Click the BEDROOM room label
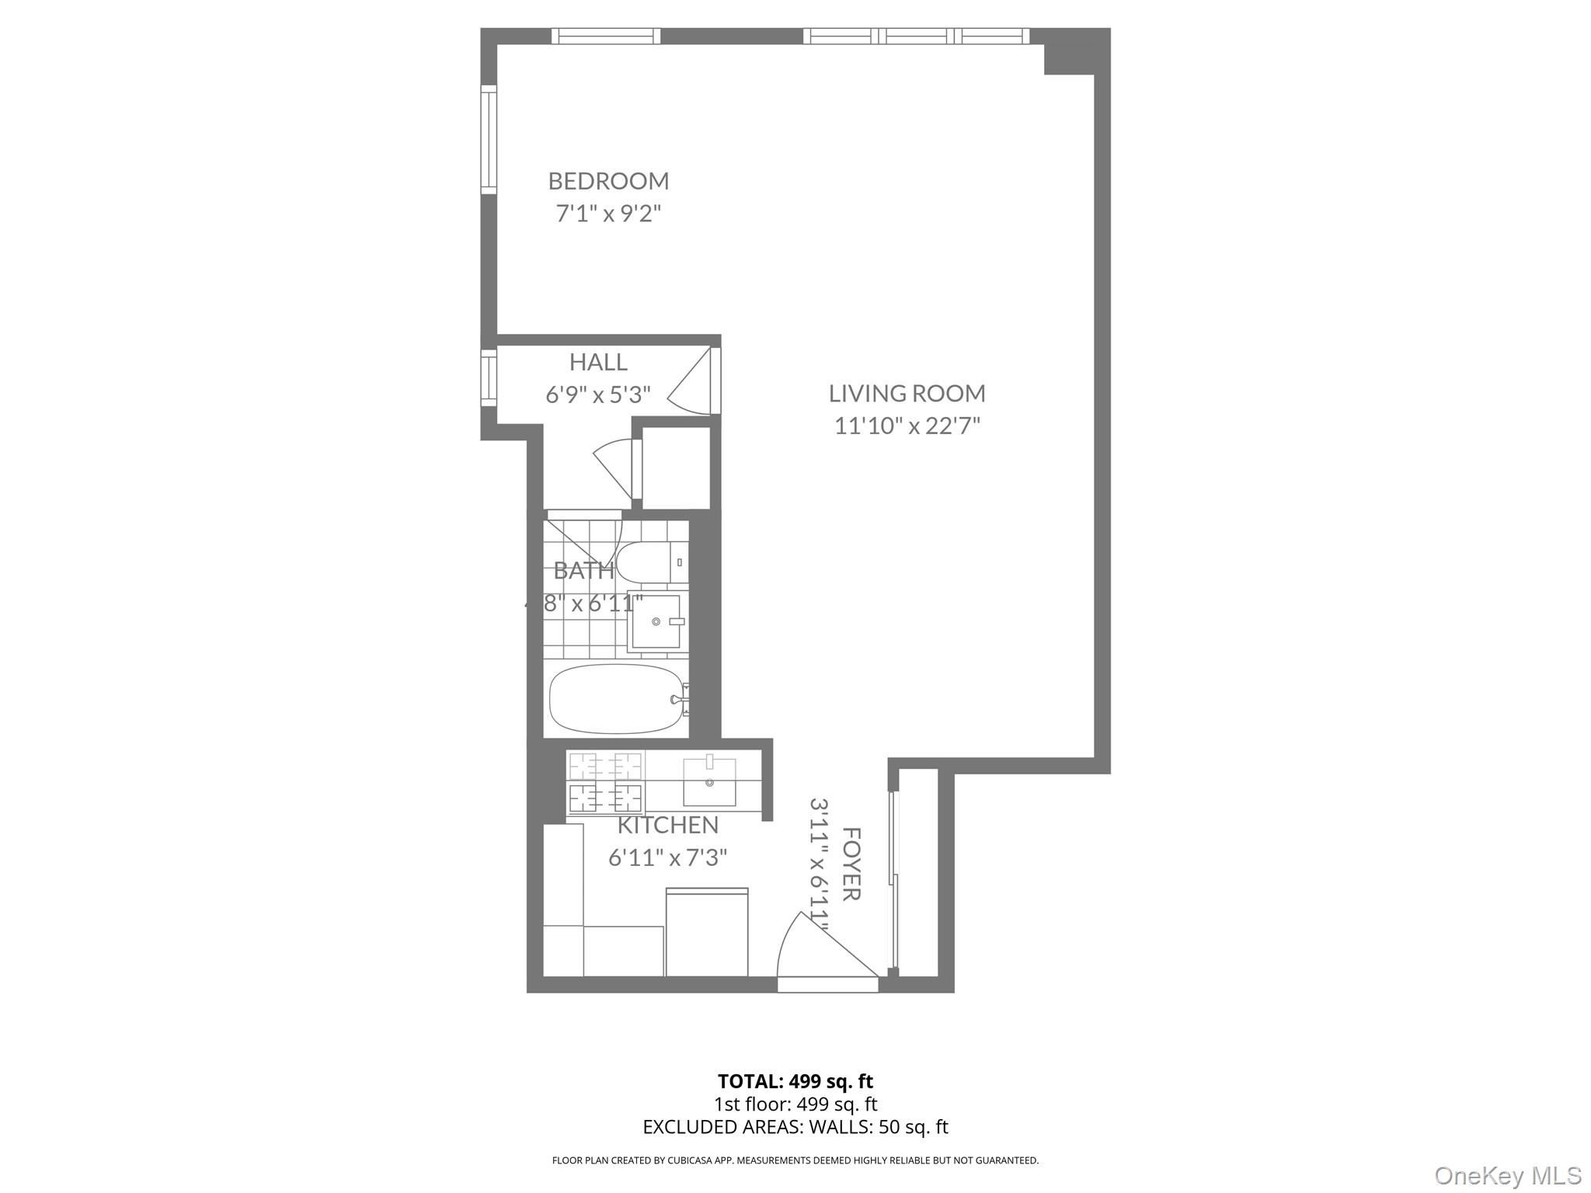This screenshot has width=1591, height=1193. click(x=608, y=181)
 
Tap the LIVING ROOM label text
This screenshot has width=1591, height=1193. click(x=907, y=394)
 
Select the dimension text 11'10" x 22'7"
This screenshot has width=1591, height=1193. click(x=907, y=426)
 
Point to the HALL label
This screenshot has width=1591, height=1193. click(x=598, y=362)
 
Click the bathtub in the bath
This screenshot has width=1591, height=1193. click(x=615, y=698)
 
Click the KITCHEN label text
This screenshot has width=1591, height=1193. click(x=667, y=825)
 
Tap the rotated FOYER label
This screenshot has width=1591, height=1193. click(x=851, y=864)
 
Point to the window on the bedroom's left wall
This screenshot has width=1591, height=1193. click(x=488, y=140)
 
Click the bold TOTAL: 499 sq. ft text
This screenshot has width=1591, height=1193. click(x=795, y=1081)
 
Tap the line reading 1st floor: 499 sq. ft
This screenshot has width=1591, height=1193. click(x=795, y=1104)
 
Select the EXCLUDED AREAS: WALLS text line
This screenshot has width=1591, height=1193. click(x=795, y=1127)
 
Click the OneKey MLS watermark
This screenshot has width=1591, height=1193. click(x=1507, y=1175)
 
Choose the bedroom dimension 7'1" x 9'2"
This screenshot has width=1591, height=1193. click(x=608, y=214)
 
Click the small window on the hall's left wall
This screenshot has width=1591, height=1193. click(x=488, y=377)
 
